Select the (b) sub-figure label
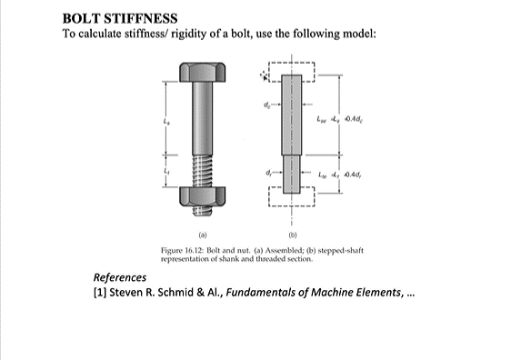292,231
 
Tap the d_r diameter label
268,170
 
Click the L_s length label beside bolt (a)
165,121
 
